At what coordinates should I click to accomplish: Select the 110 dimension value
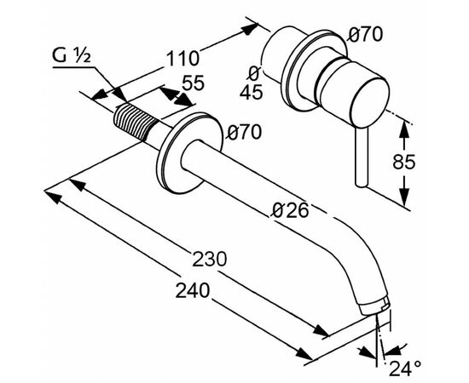[183, 59]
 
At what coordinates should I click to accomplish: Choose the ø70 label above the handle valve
[366, 35]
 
